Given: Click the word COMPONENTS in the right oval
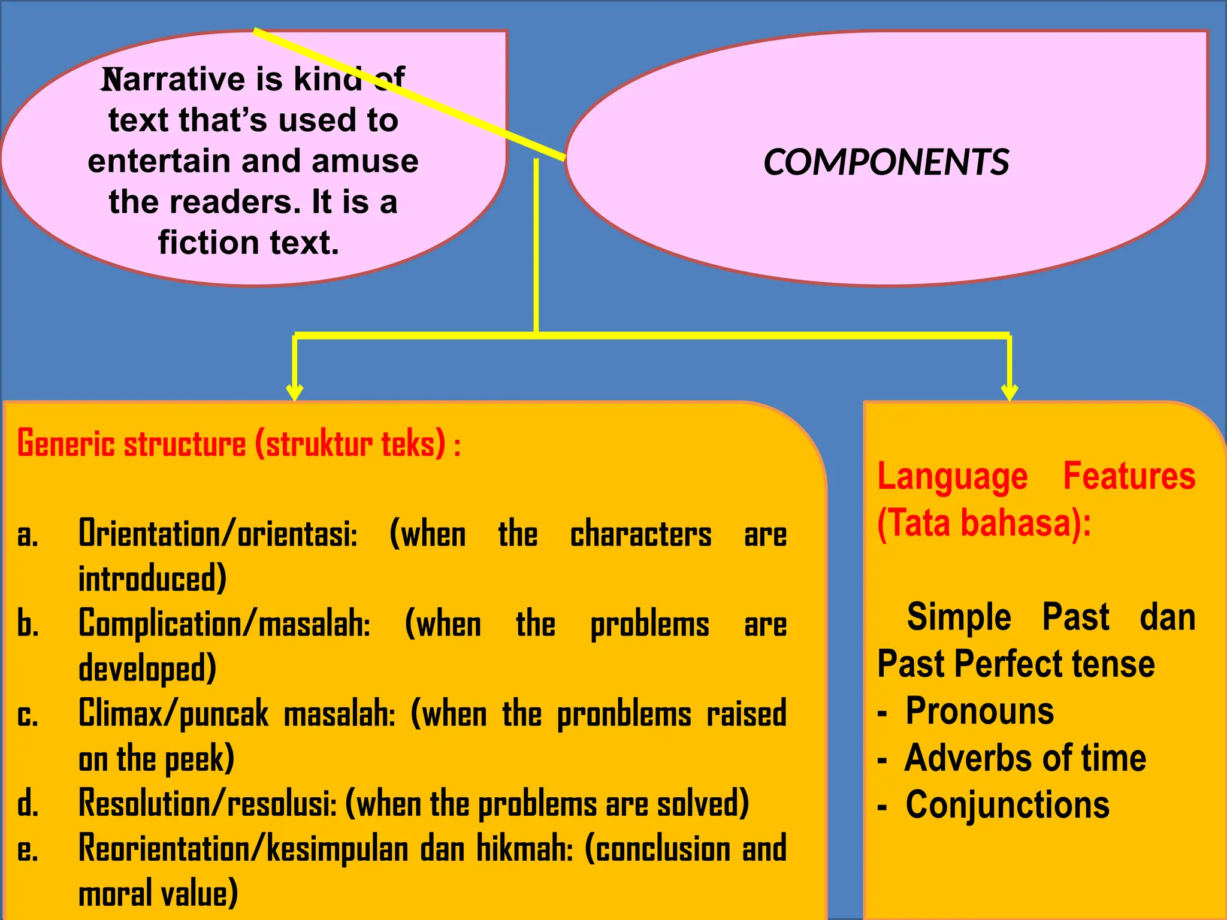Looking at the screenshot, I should click(886, 162).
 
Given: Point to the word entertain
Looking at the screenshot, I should click(159, 162).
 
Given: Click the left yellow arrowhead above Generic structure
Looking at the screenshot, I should click(294, 392).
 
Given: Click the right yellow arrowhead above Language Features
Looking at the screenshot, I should click(1010, 392).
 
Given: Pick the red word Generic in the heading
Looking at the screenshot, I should click(66, 444).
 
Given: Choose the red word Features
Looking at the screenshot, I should click(1129, 476).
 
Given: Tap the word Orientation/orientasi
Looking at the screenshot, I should click(218, 533).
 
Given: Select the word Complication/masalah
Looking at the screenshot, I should click(225, 624).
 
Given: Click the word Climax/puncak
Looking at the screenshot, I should click(174, 714).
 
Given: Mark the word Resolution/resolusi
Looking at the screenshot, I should click(208, 803).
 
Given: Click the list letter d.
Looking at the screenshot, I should click(28, 803).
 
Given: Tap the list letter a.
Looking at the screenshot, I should click(28, 534).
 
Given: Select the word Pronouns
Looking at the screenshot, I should click(980, 711).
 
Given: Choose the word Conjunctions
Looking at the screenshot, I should click(1007, 804).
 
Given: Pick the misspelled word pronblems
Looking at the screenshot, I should click(624, 715).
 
